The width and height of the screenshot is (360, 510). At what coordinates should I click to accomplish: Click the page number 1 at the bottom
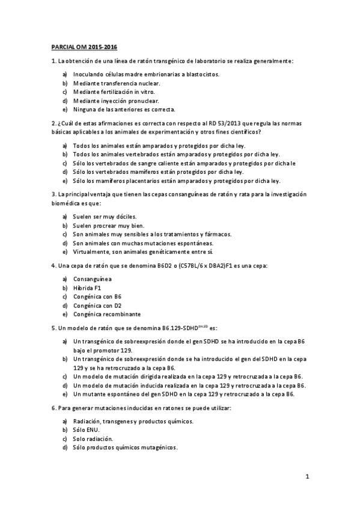pyautogui.click(x=307, y=478)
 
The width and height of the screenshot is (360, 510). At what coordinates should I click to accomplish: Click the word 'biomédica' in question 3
pyautogui.click(x=64, y=204)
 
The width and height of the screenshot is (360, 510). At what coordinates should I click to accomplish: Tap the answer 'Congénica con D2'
pyautogui.click(x=97, y=306)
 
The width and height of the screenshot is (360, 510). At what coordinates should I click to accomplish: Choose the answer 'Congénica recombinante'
pyautogui.click(x=106, y=314)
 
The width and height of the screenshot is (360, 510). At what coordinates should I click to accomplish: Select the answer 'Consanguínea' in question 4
pyautogui.click(x=91, y=279)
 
